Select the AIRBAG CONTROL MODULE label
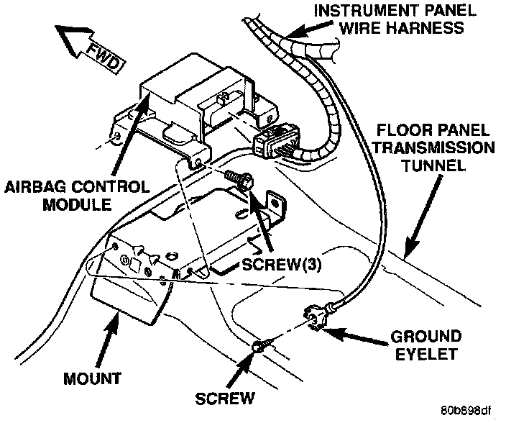[x=77, y=196]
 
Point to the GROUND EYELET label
[x=426, y=345]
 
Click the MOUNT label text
[x=92, y=379]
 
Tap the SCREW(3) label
[x=282, y=265]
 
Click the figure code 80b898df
[x=466, y=411]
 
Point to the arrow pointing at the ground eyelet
[x=354, y=337]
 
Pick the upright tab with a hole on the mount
[x=275, y=206]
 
